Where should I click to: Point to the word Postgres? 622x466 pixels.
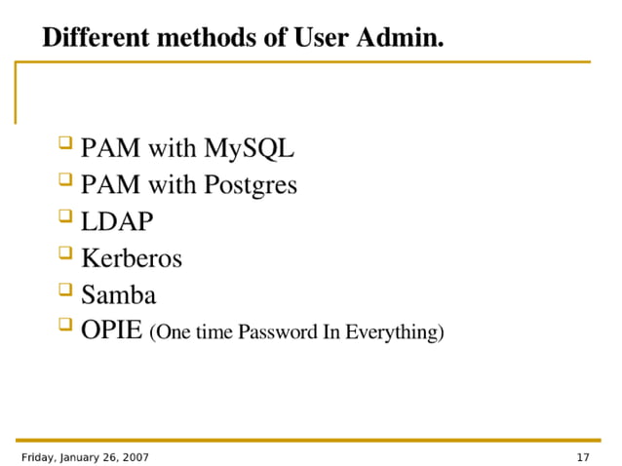tap(251, 185)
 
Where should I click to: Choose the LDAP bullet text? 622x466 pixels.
tap(117, 221)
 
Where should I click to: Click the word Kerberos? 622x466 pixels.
tap(132, 258)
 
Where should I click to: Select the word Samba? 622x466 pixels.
tap(118, 294)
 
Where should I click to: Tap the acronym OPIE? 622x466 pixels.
tap(111, 330)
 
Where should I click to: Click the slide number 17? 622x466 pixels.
tap(584, 456)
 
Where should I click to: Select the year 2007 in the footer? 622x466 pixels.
tap(133, 456)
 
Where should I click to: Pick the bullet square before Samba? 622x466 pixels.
tap(65, 291)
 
